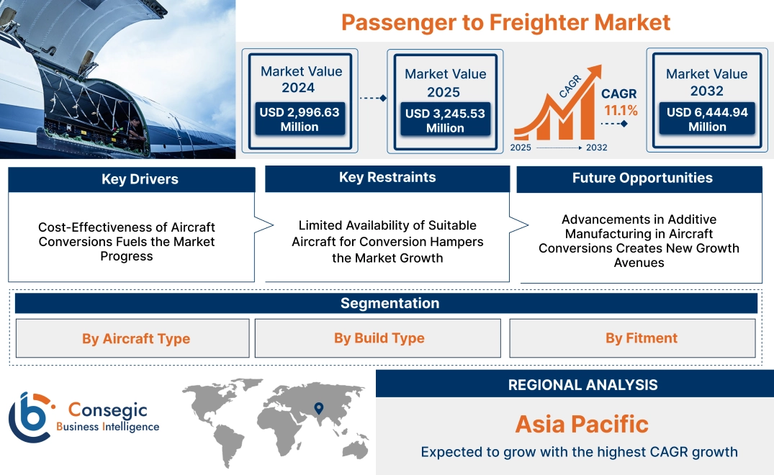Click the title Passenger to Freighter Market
(x=505, y=22)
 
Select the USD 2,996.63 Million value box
(x=299, y=119)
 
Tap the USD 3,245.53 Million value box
(x=445, y=120)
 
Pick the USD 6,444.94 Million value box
(x=707, y=119)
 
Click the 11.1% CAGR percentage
(x=619, y=110)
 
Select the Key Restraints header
(x=387, y=178)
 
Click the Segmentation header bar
(x=390, y=303)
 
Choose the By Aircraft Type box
(x=135, y=338)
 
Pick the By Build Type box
(x=379, y=338)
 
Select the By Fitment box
(x=641, y=338)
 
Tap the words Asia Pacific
(x=582, y=424)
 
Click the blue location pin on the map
(x=318, y=410)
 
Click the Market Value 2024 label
(x=301, y=79)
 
